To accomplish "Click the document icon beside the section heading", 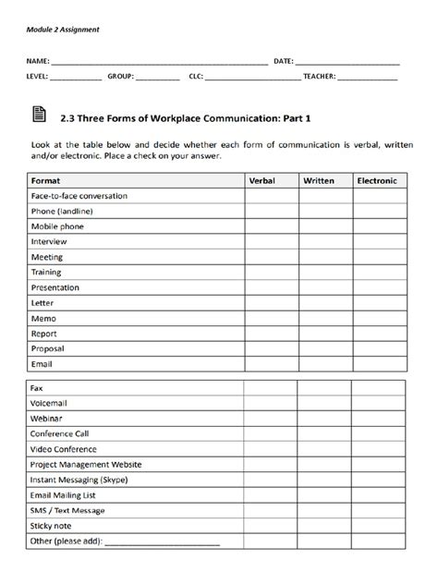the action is [x=38, y=115].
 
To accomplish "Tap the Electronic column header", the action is [x=377, y=181].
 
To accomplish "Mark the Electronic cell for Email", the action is [x=377, y=364].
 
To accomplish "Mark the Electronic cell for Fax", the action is [x=377, y=389].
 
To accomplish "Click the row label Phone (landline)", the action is [x=62, y=212].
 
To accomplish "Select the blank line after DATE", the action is [x=347, y=61].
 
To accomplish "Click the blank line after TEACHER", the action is [x=367, y=78].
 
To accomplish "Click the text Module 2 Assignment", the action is [x=62, y=30].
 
